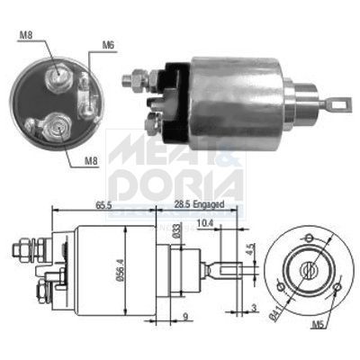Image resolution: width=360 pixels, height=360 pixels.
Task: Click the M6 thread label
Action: click(x=108, y=43)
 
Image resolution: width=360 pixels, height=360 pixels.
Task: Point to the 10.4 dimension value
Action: click(x=205, y=221)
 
